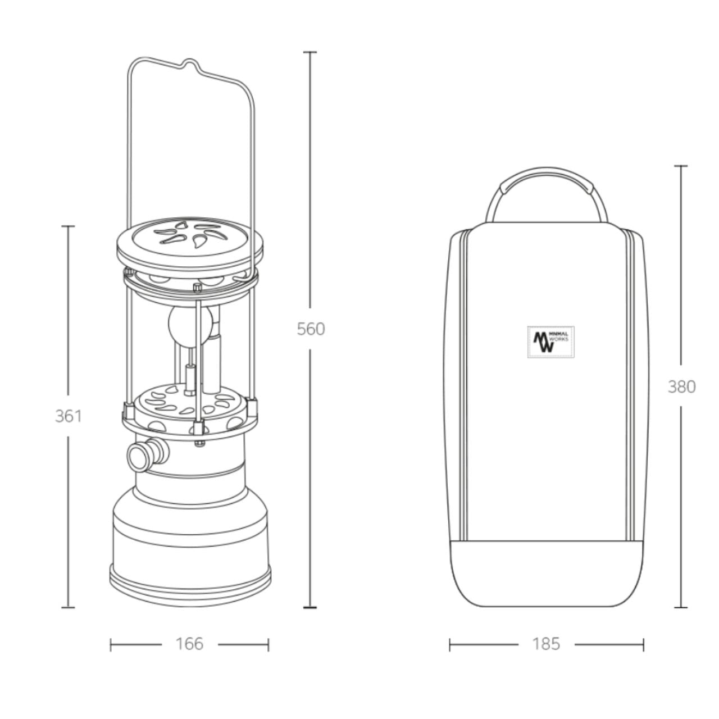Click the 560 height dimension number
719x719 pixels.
coord(311,329)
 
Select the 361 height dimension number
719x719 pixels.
coord(68,416)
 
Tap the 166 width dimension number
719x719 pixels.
coord(189,644)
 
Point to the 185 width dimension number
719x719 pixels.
coord(546,644)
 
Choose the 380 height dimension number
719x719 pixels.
coord(681,386)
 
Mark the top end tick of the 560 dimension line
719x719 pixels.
coord(310,52)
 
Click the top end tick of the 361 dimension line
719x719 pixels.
coord(68,226)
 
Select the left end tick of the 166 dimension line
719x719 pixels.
coord(111,644)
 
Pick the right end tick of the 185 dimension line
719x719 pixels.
coord(644,644)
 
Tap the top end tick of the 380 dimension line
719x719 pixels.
coord(681,166)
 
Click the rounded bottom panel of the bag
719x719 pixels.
coord(547,573)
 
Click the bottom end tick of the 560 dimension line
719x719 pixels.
coord(310,608)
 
